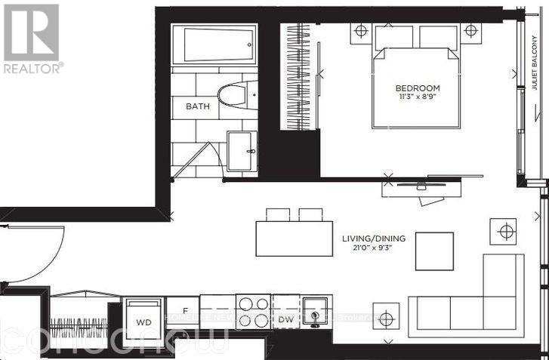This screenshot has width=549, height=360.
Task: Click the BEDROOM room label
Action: (x=414, y=86)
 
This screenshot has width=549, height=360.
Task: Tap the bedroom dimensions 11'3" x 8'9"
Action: (x=414, y=97)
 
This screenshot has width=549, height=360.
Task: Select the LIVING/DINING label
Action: (x=369, y=238)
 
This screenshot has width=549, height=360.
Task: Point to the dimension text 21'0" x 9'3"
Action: (x=369, y=248)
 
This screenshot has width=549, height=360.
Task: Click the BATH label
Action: (x=198, y=106)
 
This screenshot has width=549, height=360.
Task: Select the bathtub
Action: (x=215, y=45)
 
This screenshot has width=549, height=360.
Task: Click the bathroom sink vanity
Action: (x=242, y=151)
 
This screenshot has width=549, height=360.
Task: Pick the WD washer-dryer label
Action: (x=143, y=320)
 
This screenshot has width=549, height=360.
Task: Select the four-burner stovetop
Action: (x=253, y=312)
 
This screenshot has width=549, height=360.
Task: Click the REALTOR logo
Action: (x=32, y=38)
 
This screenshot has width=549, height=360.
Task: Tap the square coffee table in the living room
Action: (x=434, y=251)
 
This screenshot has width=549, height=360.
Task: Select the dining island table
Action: (x=294, y=238)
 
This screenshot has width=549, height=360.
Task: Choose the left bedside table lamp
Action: (x=360, y=32)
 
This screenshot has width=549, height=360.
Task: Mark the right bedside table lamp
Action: (x=470, y=31)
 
